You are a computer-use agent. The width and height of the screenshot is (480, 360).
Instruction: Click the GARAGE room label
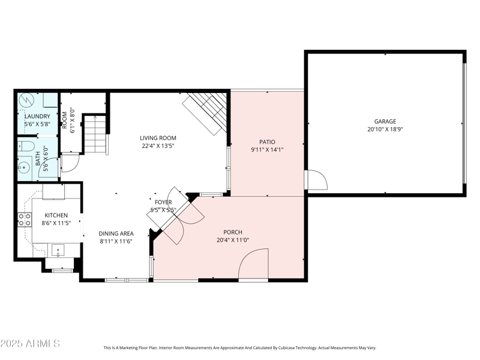pyautogui.click(x=385, y=121)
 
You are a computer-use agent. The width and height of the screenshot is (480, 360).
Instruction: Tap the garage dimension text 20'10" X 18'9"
pyautogui.click(x=385, y=129)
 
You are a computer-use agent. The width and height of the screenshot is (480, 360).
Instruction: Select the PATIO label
pyautogui.click(x=267, y=142)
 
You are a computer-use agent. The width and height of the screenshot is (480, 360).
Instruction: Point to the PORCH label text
pyautogui.click(x=233, y=232)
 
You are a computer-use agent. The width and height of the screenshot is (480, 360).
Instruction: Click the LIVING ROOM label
pyautogui.click(x=158, y=138)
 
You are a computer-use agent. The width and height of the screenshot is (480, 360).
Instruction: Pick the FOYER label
pyautogui.click(x=163, y=202)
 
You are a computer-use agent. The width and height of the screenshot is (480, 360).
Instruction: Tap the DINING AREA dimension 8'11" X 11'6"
pyautogui.click(x=116, y=241)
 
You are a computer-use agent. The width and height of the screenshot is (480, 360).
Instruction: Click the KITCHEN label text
pyautogui.click(x=56, y=215)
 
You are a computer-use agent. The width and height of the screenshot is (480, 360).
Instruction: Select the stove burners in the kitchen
pyautogui.click(x=25, y=220)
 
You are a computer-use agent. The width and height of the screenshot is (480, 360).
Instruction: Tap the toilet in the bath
pyautogui.click(x=25, y=146)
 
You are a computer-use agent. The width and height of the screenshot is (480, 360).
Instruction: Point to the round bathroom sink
pyautogui.click(x=26, y=167)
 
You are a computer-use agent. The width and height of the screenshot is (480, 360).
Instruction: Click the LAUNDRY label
pyautogui.click(x=37, y=116)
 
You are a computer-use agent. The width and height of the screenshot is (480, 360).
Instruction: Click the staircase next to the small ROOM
pyautogui.click(x=95, y=134)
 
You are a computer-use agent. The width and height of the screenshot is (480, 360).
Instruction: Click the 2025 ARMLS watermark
pyautogui.click(x=30, y=344)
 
